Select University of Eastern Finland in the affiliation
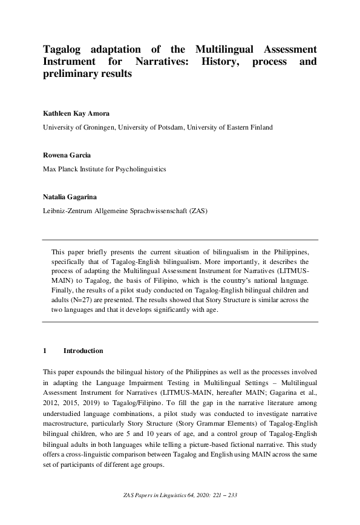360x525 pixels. [x=230, y=128]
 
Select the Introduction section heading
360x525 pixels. [x=83, y=351]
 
